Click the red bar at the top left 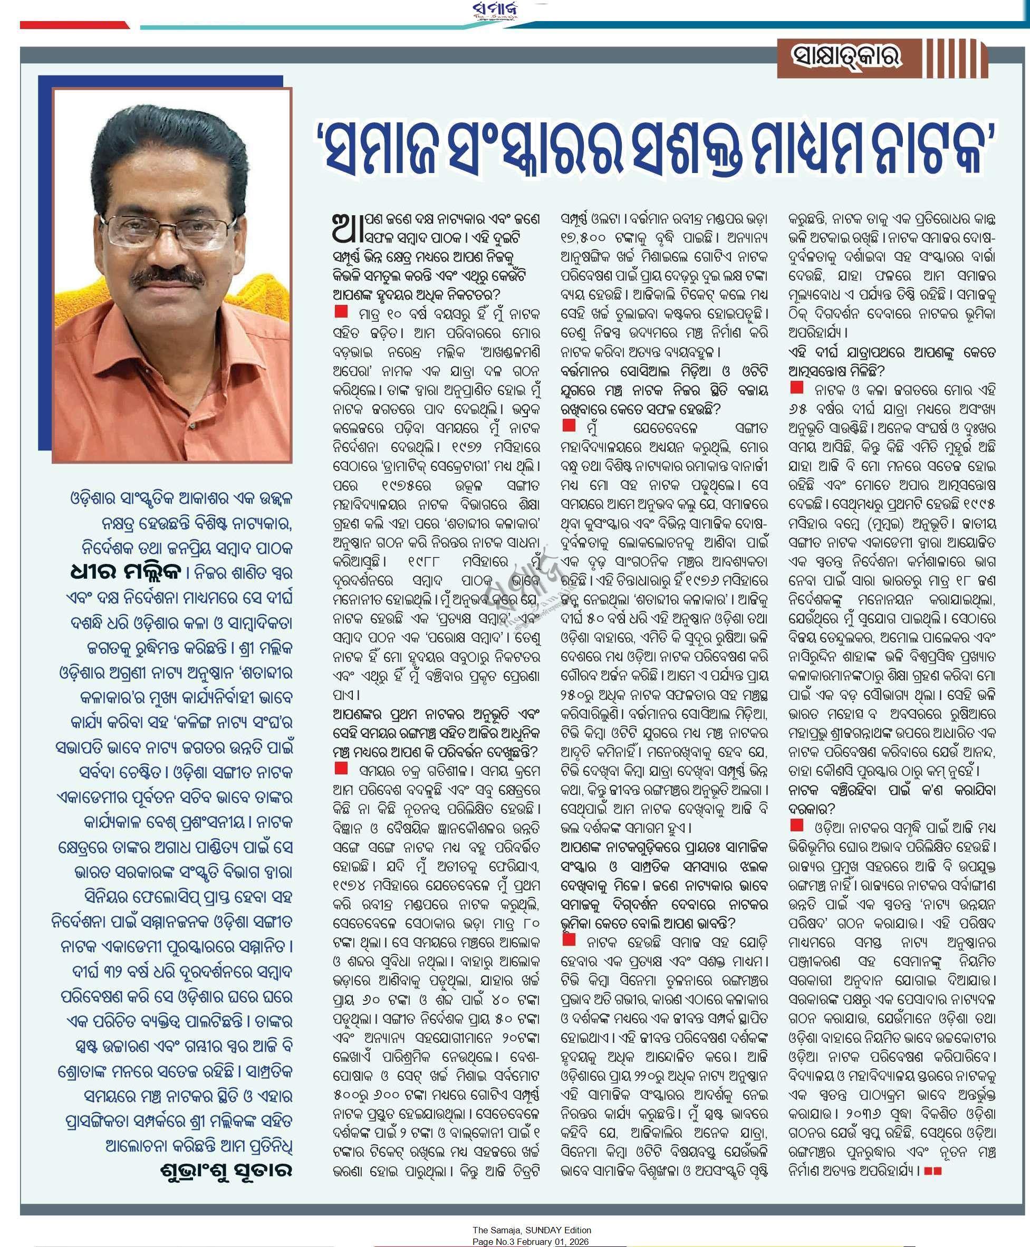[x=75, y=25]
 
